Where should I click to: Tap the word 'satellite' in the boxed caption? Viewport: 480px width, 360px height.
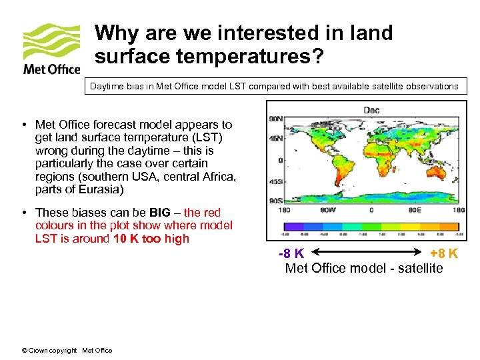(378, 86)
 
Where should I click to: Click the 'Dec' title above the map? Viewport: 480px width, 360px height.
(371, 110)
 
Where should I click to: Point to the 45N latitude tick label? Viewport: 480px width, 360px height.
(275, 139)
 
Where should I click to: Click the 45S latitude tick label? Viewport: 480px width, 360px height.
(275, 181)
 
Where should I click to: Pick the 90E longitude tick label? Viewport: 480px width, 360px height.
(414, 210)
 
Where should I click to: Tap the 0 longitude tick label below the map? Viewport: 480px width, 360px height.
(371, 210)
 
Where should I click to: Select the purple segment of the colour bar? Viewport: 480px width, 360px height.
(294, 225)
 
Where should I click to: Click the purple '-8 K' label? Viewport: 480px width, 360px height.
(292, 254)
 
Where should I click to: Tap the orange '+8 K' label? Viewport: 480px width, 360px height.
(443, 254)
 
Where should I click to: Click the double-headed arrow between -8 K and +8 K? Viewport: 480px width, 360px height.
(367, 254)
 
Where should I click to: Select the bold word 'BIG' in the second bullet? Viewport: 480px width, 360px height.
(159, 212)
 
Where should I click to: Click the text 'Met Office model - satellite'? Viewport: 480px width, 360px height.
(363, 268)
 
